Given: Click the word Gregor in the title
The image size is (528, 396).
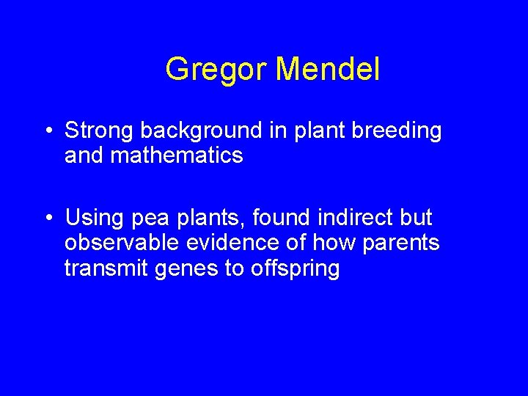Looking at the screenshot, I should click(x=217, y=70).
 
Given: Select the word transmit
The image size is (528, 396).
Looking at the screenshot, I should click(x=107, y=268).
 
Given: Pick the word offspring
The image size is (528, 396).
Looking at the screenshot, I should click(x=295, y=269).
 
